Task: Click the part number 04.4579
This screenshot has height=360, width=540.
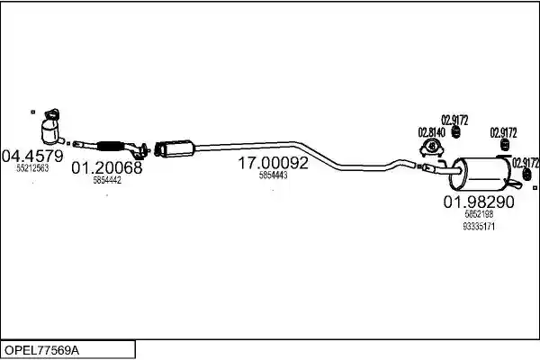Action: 32,157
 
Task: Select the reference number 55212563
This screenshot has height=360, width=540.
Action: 32,168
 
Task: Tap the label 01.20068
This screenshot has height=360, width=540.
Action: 107,167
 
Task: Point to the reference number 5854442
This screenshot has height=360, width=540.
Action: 107,180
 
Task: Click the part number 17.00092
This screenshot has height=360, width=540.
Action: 273,163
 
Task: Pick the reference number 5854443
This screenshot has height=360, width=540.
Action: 273,175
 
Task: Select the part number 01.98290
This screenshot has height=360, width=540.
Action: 479,202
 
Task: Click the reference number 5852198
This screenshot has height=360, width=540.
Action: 479,214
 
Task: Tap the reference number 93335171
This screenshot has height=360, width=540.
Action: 479,226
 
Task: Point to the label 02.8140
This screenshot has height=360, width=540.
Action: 431,132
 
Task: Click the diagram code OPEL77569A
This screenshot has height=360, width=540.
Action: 41,350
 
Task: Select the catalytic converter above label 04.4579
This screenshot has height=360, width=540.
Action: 52,127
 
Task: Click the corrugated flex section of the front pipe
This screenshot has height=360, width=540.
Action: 110,146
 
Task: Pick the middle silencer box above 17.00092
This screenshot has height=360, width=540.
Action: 175,148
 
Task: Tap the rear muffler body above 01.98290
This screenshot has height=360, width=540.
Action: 481,174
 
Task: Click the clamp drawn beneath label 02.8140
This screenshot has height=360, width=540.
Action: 431,148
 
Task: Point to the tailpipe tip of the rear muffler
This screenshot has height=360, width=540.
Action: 517,184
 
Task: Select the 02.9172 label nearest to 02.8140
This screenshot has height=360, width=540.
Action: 454,121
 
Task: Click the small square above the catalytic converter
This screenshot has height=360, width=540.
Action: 33,112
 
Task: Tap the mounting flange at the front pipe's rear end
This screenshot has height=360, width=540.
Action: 142,151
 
